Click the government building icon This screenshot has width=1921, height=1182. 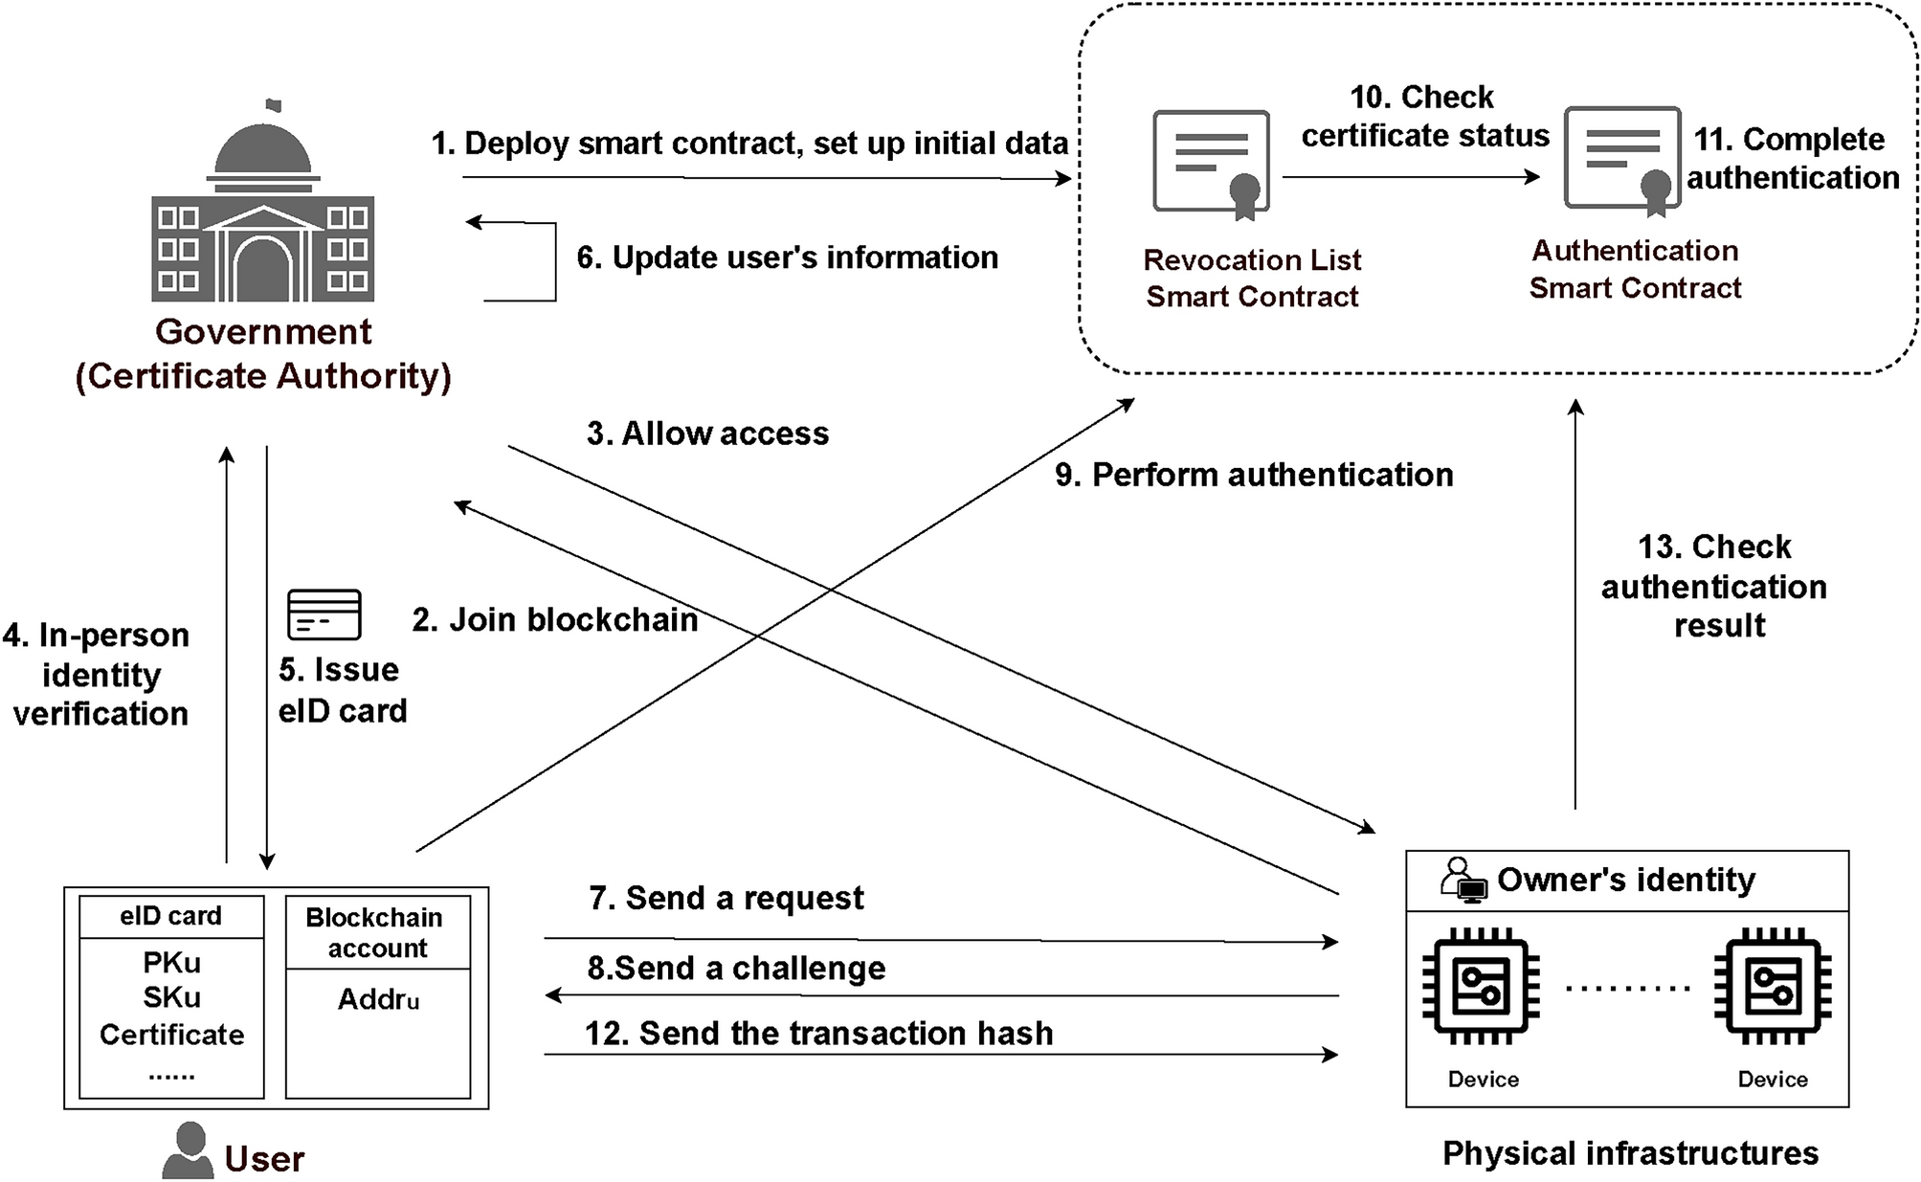click(263, 206)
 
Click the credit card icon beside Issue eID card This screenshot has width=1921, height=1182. click(324, 614)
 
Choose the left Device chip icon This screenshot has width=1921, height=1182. click(1481, 986)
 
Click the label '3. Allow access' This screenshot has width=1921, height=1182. click(707, 434)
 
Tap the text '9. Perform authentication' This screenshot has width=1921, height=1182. click(1254, 475)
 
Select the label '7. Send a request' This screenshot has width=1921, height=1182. click(726, 898)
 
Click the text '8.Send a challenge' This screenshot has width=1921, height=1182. click(736, 968)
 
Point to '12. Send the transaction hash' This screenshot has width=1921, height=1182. click(818, 1034)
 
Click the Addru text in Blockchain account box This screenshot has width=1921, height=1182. click(378, 999)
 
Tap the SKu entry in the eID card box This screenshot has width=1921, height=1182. click(171, 997)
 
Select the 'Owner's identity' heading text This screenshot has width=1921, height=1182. click(1625, 880)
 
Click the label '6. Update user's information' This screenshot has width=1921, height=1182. click(787, 257)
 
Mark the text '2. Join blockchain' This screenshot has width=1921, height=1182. click(554, 619)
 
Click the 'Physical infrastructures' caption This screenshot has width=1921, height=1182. click(1630, 1153)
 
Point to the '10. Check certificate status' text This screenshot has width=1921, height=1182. click(1424, 117)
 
